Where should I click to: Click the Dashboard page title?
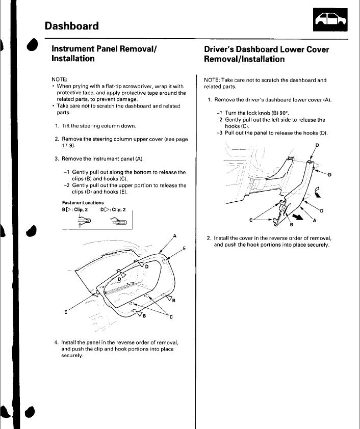(71, 25)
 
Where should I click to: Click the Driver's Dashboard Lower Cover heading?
(266, 54)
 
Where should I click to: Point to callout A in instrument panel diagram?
(175, 235)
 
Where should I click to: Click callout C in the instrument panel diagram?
(171, 317)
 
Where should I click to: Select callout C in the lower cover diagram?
(251, 219)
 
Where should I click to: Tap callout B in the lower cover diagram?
(291, 224)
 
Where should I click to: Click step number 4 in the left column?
(56, 342)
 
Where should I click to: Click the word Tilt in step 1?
(67, 126)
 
